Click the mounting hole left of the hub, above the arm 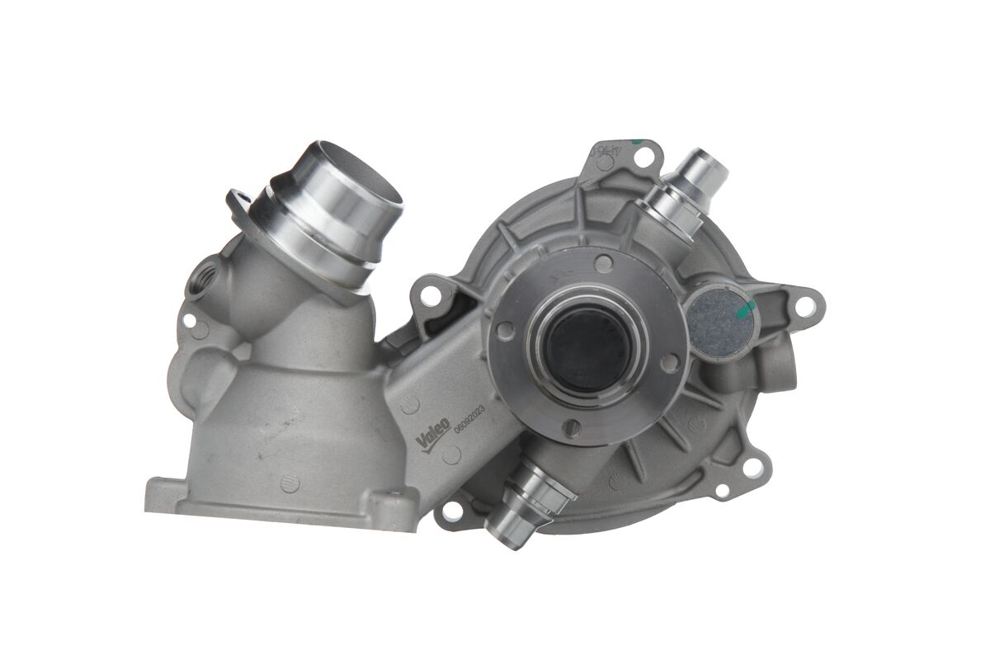point(431,294)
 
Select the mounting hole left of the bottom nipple point(451,511)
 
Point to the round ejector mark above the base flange point(288,483)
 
